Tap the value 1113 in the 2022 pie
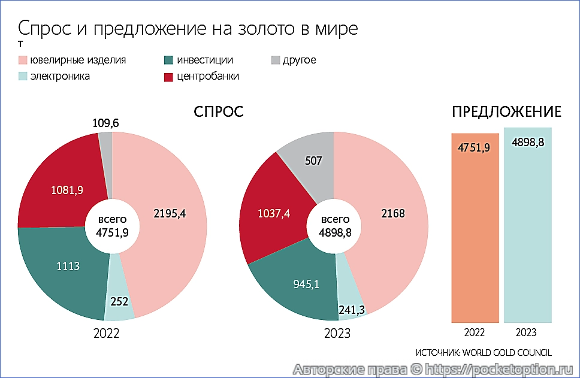tap(67, 267)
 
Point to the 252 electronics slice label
tap(119, 301)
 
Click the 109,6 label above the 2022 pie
tap(105, 123)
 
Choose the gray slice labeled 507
tap(313, 161)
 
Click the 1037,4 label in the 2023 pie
tap(273, 213)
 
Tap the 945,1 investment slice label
tap(306, 284)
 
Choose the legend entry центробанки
tap(208, 76)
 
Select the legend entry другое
tap(299, 60)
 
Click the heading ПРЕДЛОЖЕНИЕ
tap(506, 112)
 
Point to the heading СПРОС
tap(218, 112)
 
